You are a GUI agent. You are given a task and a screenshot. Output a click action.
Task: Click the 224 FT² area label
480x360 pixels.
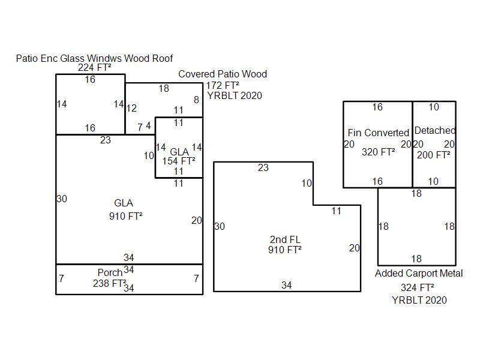pyautogui.click(x=94, y=68)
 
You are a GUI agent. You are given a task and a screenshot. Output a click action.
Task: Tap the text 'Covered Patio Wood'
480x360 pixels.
pyautogui.click(x=223, y=74)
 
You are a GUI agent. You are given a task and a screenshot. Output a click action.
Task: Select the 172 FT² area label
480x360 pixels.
pyautogui.click(x=223, y=85)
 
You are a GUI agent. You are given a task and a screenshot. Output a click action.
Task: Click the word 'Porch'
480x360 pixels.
pyautogui.click(x=110, y=273)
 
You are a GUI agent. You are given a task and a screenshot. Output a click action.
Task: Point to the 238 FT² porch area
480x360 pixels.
pyautogui.click(x=109, y=284)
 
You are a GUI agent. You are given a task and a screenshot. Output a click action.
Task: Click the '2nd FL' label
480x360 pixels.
pyautogui.click(x=285, y=240)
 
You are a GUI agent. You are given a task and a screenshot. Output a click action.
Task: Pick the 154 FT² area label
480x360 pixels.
pyautogui.click(x=179, y=161)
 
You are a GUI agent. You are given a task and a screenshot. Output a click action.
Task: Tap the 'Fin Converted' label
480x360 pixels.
pyautogui.click(x=378, y=133)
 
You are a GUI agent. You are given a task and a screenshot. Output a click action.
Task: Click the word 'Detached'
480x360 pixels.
pyautogui.click(x=435, y=131)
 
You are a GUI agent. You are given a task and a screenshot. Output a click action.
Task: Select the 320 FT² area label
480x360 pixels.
pyautogui.click(x=378, y=152)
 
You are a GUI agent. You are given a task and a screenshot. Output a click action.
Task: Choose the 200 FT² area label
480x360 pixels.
pyautogui.click(x=434, y=155)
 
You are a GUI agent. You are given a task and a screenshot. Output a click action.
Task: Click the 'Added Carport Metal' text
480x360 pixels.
pyautogui.click(x=419, y=274)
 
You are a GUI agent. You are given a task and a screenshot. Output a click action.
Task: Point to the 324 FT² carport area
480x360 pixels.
pyautogui.click(x=418, y=287)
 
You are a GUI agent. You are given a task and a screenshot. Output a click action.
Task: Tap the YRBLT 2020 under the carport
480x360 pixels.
pyautogui.click(x=419, y=300)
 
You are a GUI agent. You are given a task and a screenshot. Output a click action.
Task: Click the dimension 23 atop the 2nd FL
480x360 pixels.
pyautogui.click(x=263, y=168)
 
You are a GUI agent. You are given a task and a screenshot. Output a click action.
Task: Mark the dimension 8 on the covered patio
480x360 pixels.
pyautogui.click(x=196, y=100)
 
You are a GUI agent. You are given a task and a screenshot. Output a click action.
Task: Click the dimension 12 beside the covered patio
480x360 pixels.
pyautogui.click(x=131, y=109)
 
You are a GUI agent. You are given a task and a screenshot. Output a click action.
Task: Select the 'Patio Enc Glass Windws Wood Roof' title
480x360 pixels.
pyautogui.click(x=94, y=58)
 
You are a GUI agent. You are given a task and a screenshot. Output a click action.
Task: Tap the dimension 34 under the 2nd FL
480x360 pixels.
pyautogui.click(x=287, y=286)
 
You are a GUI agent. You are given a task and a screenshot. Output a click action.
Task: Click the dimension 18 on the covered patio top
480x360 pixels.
pyautogui.click(x=164, y=89)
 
